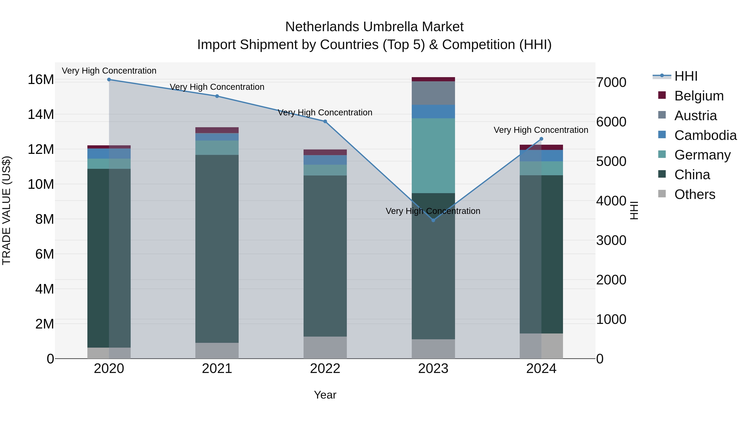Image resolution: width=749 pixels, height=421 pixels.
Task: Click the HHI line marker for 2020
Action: tap(109, 80)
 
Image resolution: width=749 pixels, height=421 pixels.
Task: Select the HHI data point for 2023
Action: tap(433, 220)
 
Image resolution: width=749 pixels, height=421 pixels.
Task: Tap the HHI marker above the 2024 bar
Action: tap(541, 139)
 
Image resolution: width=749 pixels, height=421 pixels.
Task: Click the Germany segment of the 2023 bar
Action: tap(433, 156)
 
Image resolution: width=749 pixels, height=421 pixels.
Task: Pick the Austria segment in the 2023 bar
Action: tap(433, 93)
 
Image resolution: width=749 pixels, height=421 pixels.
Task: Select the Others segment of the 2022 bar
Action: tap(325, 347)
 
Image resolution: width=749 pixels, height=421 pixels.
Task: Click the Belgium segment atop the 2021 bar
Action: tap(217, 130)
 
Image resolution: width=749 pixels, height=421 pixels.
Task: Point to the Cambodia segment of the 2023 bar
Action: tap(433, 112)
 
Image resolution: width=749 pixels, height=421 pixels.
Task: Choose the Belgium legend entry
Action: tap(699, 96)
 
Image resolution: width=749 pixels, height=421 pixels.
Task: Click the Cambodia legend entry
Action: tap(705, 135)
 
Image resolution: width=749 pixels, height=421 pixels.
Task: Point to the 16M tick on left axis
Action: tap(41, 80)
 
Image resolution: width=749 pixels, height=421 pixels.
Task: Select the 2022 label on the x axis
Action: tap(325, 369)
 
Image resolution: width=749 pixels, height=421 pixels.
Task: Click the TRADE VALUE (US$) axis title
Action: tap(6, 210)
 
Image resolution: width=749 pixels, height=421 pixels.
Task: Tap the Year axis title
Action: tap(325, 395)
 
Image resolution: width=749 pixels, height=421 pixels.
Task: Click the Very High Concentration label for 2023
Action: tap(433, 211)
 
